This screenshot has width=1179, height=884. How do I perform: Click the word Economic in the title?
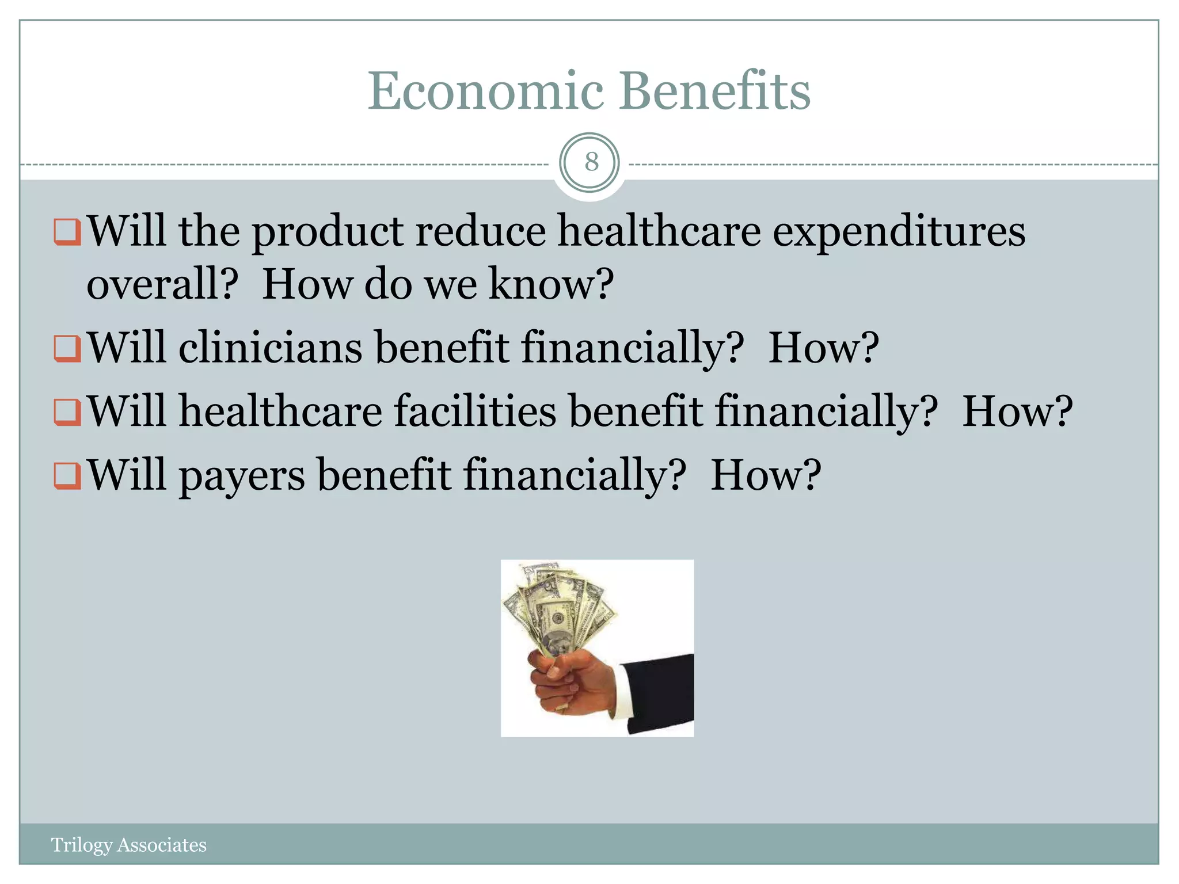click(x=486, y=92)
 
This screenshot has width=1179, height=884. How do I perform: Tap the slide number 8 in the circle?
click(x=591, y=162)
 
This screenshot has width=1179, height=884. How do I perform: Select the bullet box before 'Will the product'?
click(x=67, y=232)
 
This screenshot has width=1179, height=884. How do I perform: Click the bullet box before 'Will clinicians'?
click(x=67, y=348)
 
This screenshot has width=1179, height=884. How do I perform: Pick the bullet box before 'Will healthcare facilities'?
click(x=67, y=412)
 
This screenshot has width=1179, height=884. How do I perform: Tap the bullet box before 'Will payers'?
click(x=67, y=475)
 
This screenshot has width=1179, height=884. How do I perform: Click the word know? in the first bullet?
click(x=552, y=285)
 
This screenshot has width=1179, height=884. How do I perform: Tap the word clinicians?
click(x=271, y=348)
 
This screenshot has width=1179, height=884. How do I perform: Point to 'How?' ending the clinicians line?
click(x=824, y=348)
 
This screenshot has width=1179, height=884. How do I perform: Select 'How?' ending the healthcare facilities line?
click(x=1018, y=412)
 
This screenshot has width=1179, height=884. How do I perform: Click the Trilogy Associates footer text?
click(x=128, y=845)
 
